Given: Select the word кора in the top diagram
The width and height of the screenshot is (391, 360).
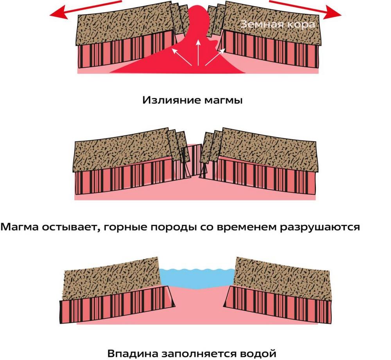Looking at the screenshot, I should [x=301, y=24].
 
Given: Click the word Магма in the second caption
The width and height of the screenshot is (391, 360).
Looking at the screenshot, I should [x=21, y=227].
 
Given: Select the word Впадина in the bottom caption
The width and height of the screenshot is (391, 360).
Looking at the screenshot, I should [x=133, y=353].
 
